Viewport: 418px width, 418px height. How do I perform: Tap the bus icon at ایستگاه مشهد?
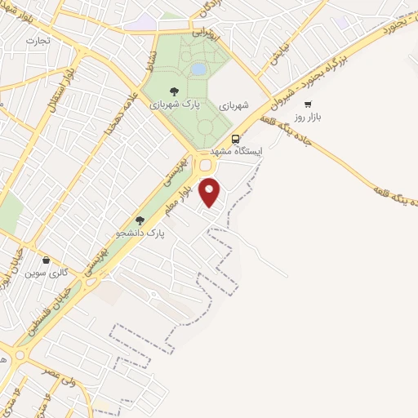236,138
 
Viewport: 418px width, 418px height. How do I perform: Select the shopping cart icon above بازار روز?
308,104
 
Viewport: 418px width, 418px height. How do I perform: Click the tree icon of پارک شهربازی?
172,91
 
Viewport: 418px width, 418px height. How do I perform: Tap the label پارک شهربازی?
172,105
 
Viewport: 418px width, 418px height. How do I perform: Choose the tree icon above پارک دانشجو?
140,220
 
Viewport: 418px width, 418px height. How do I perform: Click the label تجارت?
37,39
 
